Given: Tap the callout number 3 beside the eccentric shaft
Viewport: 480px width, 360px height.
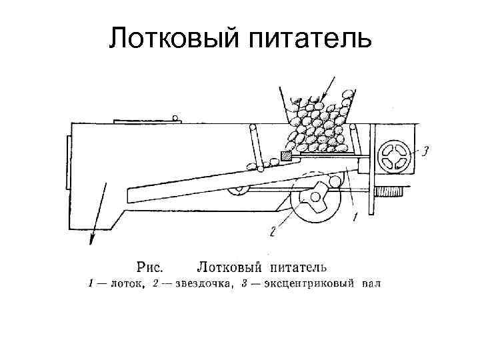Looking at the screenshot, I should pos(425,151).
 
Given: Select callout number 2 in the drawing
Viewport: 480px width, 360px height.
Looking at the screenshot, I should pos(273,231).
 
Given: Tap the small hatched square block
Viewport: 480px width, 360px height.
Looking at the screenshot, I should pos(287,156).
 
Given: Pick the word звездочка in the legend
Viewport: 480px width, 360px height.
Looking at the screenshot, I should pos(201,285).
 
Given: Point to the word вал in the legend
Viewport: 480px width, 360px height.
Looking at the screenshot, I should pos(371,285).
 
